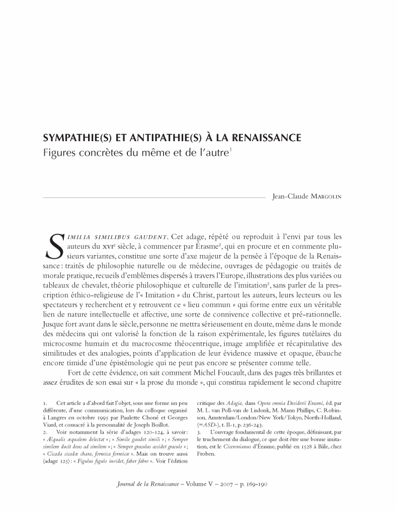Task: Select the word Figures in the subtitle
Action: click(60, 151)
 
